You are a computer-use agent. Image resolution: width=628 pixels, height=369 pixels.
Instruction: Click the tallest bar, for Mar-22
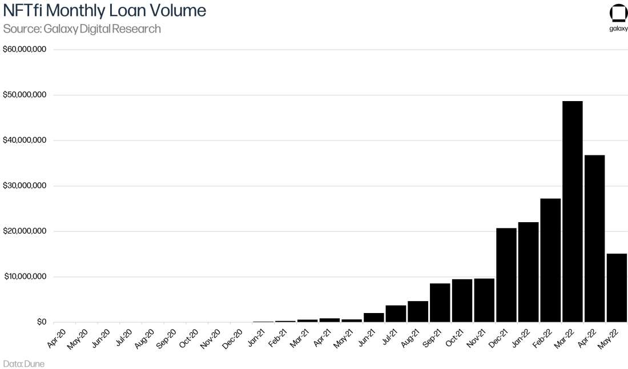tap(572, 211)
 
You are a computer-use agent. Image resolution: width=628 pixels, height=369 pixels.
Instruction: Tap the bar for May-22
tap(617, 288)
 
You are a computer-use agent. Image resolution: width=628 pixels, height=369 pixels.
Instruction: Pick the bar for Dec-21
tap(506, 275)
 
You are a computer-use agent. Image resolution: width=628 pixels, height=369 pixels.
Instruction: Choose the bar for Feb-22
tap(550, 260)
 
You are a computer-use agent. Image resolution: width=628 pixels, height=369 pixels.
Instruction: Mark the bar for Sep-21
tap(440, 303)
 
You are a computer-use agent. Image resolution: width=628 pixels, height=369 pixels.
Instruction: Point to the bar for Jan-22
tap(528, 272)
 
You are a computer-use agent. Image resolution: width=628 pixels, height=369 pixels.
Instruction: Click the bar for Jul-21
tap(396, 314)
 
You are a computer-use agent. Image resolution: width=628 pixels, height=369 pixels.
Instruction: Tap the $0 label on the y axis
tap(41, 322)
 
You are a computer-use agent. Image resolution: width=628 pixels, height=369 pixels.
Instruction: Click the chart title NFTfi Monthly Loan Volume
tap(104, 11)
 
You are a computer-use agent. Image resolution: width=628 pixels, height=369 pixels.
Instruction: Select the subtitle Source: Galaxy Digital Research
tap(82, 29)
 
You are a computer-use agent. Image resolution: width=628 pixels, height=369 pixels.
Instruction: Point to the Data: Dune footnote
tap(23, 363)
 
